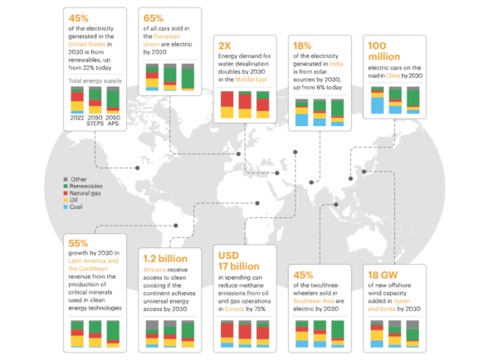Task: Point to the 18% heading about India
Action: (x=301, y=46)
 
